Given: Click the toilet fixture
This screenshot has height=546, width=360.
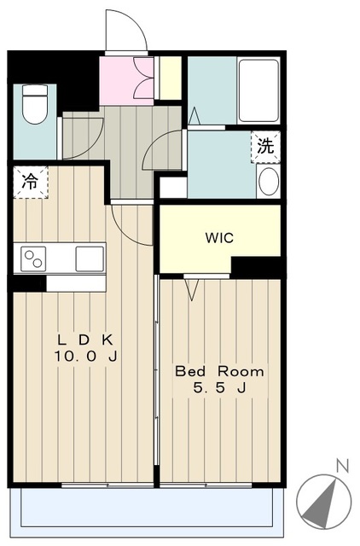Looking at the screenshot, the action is [34, 104].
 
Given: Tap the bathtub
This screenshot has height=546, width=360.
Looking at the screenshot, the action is [259, 90].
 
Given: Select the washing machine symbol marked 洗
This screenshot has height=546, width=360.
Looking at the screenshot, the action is [265, 147].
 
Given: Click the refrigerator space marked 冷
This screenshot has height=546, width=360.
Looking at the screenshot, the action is [31, 182].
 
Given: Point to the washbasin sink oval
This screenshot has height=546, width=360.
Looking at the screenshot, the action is [269, 183].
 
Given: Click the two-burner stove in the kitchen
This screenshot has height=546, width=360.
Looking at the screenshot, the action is [33, 258].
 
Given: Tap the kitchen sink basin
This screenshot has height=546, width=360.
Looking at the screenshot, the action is [90, 258].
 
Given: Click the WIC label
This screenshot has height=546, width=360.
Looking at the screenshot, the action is [219, 238].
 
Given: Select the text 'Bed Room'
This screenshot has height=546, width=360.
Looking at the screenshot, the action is [219, 372].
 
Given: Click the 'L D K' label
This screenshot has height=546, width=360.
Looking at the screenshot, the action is [85, 340].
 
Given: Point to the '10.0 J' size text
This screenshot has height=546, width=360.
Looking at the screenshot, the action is [85, 357].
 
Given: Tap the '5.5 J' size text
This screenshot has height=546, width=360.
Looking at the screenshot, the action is [220, 388].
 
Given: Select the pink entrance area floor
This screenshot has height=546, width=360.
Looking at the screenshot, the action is [126, 81].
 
